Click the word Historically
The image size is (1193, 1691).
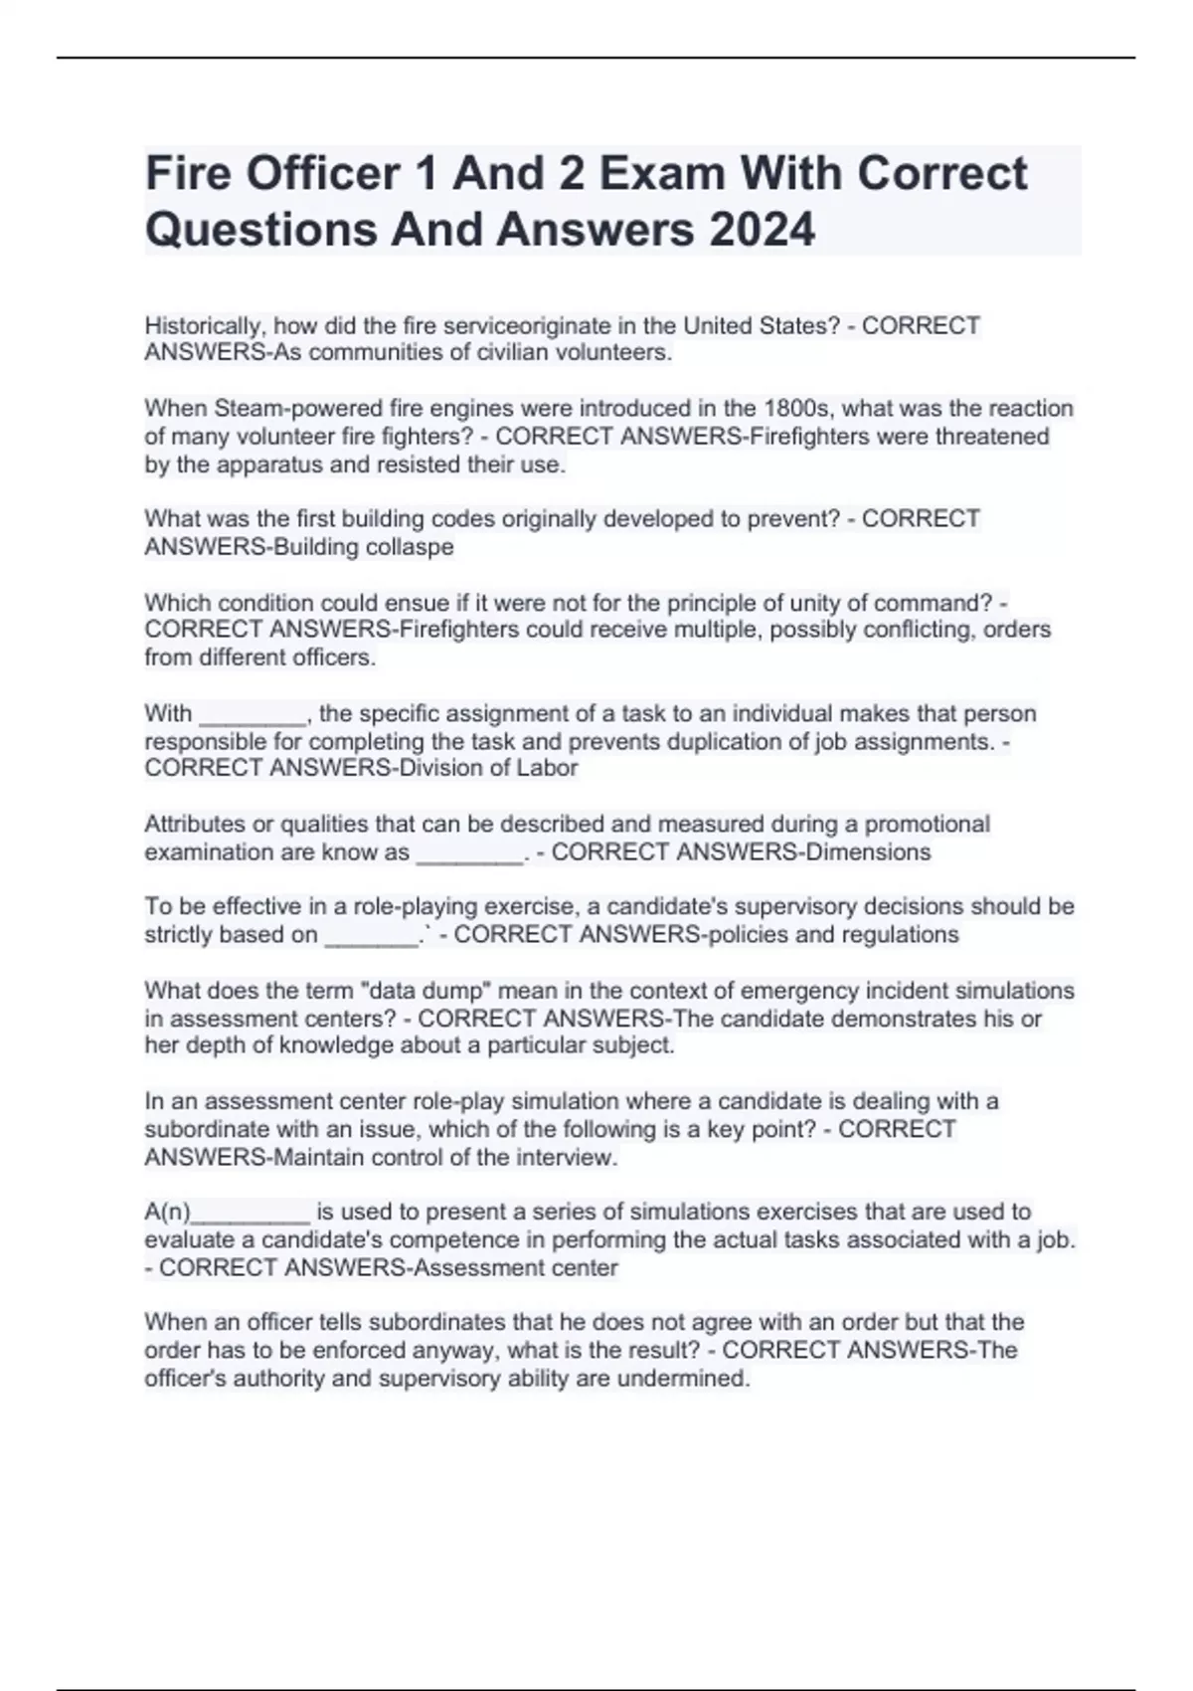205,326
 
